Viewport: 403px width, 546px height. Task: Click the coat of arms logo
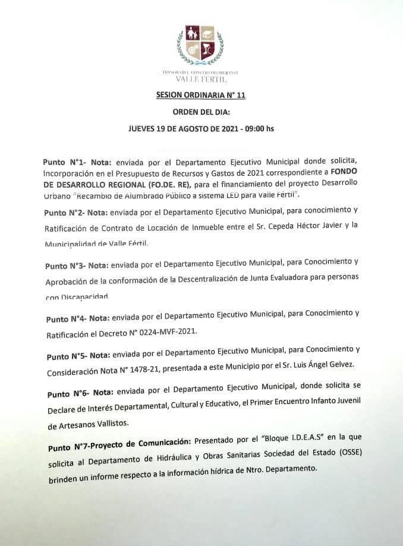(x=200, y=45)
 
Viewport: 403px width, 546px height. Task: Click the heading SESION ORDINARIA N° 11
(x=200, y=94)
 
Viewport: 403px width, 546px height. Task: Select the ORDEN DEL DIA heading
(x=200, y=111)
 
